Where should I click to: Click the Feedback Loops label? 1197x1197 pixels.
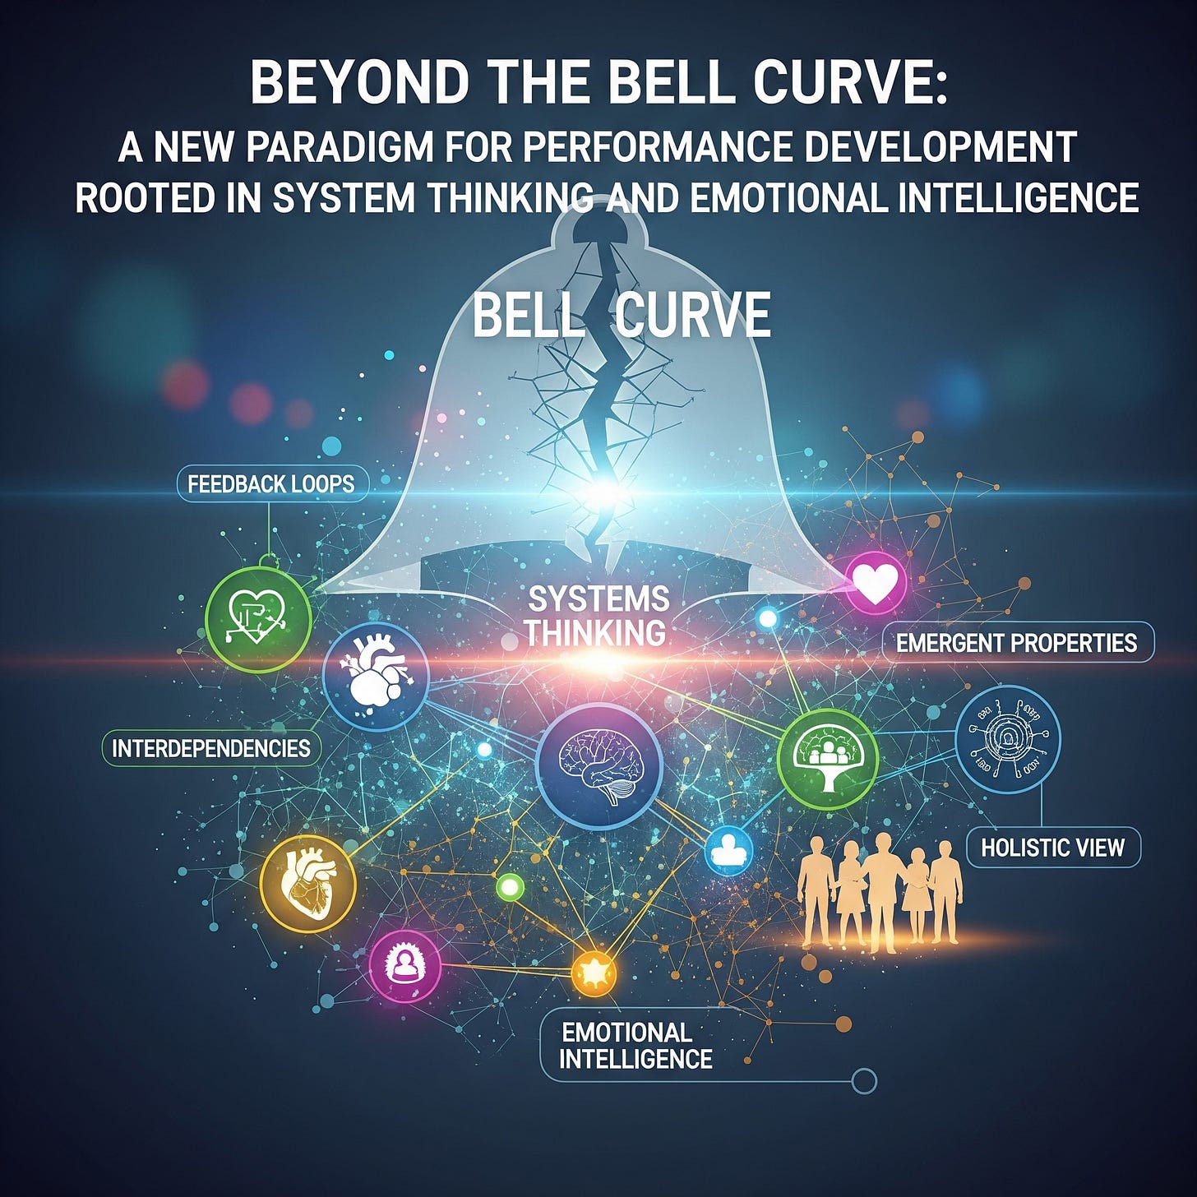point(271,484)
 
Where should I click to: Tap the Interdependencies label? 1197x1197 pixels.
point(210,748)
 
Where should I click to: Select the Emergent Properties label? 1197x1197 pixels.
point(1017,643)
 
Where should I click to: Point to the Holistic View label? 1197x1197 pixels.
point(1052,848)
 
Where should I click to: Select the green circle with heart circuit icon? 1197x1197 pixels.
point(258,617)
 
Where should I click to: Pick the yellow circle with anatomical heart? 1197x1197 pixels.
point(307,884)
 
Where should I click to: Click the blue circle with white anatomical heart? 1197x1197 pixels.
point(376,676)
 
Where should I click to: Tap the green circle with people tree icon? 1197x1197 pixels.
point(828,758)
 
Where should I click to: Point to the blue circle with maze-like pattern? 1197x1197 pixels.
point(1008,739)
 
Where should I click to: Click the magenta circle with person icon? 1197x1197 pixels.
point(404,965)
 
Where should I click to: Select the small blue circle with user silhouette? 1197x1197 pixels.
point(728,851)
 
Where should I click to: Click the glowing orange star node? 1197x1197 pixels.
point(593,973)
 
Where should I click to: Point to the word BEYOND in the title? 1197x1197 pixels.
point(358,83)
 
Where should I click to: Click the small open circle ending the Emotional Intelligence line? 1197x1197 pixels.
point(864,1080)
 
